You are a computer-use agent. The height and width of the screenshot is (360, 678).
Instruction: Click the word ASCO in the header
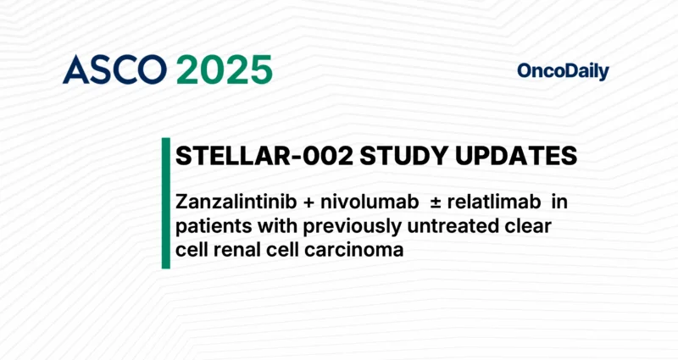click(114, 70)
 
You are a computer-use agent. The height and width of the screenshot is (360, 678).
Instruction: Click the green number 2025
click(225, 70)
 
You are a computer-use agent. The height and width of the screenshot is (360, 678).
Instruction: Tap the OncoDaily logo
click(563, 72)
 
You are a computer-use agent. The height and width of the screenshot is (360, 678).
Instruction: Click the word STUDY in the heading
click(385, 157)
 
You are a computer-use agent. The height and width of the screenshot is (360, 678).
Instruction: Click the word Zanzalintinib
click(235, 204)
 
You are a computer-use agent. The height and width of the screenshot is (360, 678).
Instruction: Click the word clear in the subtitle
click(529, 226)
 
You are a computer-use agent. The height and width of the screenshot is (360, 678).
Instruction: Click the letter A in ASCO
click(74, 70)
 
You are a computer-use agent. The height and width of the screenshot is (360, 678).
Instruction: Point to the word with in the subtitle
click(266, 226)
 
